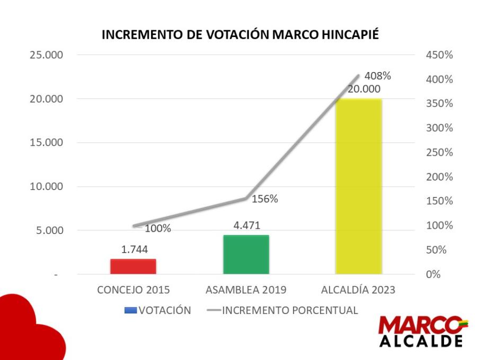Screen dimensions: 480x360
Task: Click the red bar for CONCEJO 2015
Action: [x=133, y=266]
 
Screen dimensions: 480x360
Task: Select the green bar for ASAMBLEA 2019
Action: [x=246, y=255]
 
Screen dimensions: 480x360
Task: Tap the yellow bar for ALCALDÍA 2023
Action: [x=359, y=186]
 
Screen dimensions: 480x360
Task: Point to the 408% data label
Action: [x=377, y=76]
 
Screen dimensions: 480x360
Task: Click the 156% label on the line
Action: [x=265, y=199]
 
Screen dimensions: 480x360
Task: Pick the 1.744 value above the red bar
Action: [x=135, y=249]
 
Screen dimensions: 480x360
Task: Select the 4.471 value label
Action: [x=247, y=226]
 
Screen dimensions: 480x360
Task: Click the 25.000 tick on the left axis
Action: [x=46, y=55]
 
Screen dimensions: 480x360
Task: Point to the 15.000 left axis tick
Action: [x=46, y=142]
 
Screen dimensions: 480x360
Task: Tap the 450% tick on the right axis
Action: [x=439, y=55]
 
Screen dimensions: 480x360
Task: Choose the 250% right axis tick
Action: [x=439, y=152]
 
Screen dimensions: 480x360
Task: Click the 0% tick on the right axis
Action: [x=433, y=274]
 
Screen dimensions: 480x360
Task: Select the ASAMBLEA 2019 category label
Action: [x=246, y=290]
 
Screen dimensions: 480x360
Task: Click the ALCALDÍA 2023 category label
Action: [x=358, y=290]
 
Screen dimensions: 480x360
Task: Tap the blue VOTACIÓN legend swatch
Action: [x=131, y=310]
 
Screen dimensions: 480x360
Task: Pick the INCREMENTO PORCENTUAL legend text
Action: [x=290, y=310]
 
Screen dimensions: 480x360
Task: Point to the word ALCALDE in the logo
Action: [x=421, y=341]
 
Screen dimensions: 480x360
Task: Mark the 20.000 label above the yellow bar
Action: [x=364, y=89]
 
